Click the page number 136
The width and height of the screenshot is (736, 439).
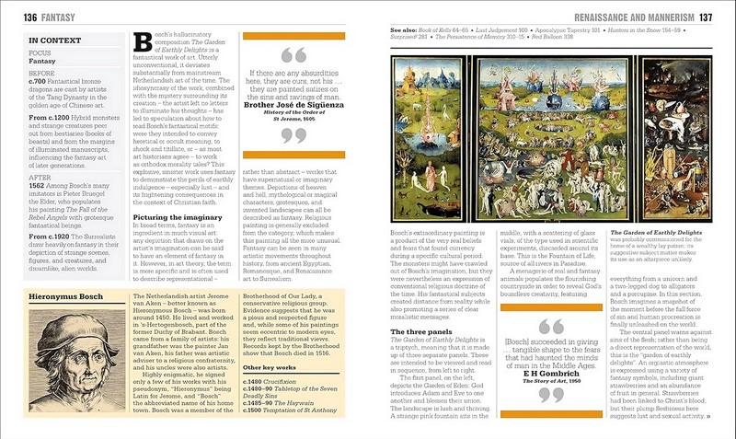(x=17, y=18)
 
